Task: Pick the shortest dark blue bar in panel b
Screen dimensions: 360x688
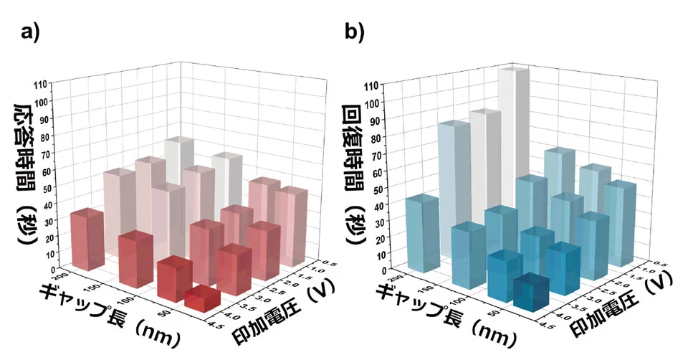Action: tap(531, 288)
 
